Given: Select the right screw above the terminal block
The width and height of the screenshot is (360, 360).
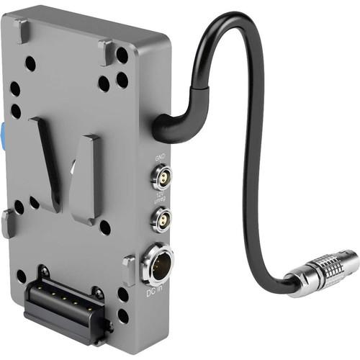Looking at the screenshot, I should point(96,293).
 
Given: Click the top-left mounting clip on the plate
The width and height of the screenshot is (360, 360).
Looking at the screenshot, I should point(22,29).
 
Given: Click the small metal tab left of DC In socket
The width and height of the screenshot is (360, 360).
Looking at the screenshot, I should point(127,270).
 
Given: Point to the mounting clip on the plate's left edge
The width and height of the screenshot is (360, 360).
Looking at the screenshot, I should point(7,223).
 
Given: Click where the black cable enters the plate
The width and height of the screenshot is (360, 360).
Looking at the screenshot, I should point(160,130).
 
